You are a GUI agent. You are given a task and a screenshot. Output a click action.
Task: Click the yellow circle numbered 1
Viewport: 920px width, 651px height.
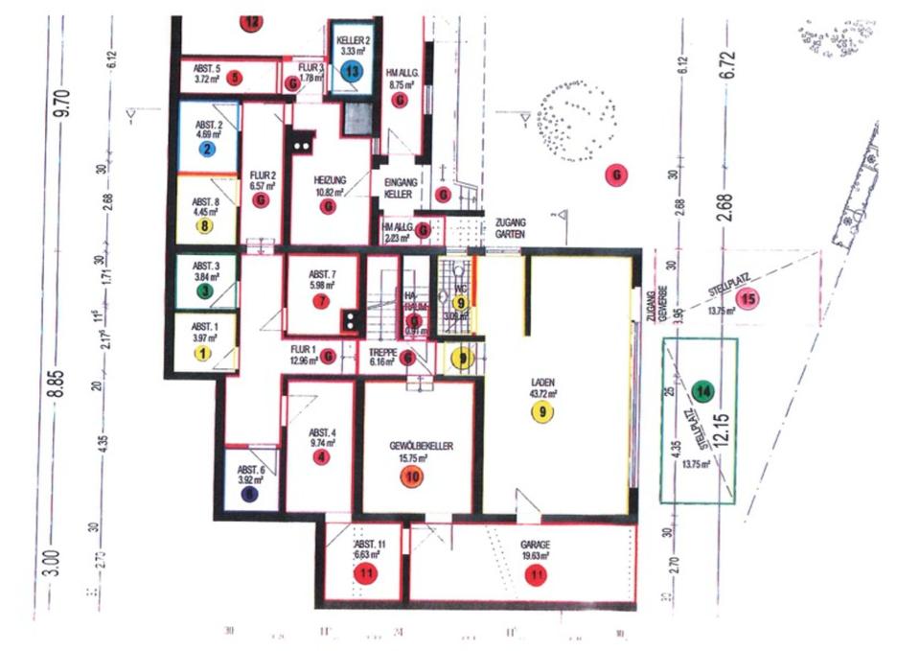[202, 352]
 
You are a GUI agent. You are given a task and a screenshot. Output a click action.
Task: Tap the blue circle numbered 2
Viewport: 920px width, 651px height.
[206, 149]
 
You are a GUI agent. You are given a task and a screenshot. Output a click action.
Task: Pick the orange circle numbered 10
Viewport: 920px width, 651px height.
[413, 477]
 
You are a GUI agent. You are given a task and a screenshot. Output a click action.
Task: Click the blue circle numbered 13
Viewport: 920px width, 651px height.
[354, 70]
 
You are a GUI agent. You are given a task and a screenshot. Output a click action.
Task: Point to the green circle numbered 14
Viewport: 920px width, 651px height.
[704, 390]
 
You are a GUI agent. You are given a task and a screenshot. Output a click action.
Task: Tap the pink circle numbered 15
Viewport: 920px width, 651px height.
[748, 298]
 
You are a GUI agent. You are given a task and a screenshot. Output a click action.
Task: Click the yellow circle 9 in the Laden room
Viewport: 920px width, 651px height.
[542, 412]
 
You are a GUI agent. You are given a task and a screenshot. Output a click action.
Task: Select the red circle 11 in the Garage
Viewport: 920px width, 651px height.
[535, 575]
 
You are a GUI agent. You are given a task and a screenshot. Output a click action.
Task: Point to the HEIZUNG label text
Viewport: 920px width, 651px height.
[329, 179]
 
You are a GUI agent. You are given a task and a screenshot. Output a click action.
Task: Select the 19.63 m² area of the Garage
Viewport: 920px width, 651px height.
[535, 555]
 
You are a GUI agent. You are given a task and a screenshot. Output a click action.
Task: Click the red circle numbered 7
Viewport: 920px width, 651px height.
[321, 301]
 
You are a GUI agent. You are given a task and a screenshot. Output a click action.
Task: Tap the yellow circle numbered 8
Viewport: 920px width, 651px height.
[204, 226]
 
